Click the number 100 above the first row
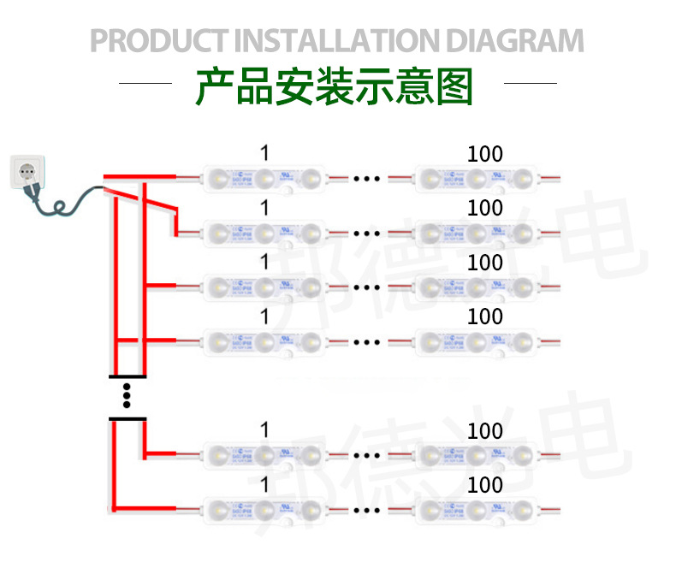point(485,155)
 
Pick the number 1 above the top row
point(264,153)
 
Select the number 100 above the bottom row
point(485,485)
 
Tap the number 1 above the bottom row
point(264,485)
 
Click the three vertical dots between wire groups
point(127,397)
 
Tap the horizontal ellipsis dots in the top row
point(366,180)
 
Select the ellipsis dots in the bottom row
point(366,511)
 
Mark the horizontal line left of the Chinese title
point(145,84)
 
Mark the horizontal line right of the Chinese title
point(531,84)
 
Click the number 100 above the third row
point(485,262)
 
